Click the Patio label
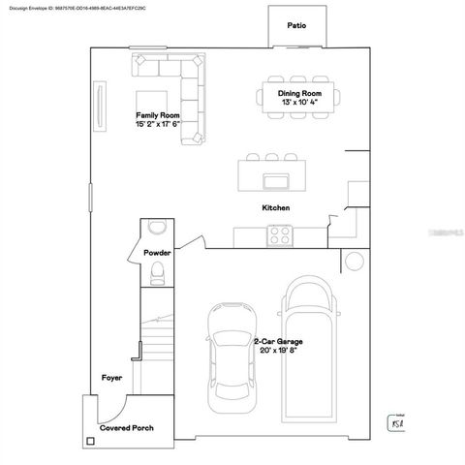tap(295, 25)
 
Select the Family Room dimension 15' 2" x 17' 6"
tap(158, 124)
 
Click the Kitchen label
tap(275, 207)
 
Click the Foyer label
tap(111, 377)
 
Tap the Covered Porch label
tap(127, 427)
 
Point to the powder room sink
tap(157, 228)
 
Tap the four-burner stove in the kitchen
tap(281, 233)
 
